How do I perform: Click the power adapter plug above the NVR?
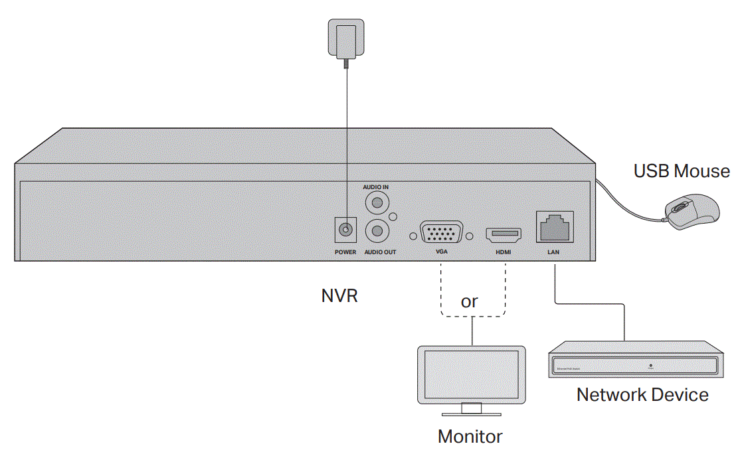coord(345,39)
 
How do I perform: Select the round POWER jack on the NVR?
coord(345,230)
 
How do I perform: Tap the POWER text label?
coord(345,252)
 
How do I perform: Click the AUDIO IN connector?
coord(377,201)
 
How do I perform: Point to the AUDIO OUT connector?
coord(377,230)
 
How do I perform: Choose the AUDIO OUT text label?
coord(380,252)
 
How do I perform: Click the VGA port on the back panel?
coord(442,235)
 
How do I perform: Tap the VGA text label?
coord(442,253)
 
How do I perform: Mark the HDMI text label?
coord(504,253)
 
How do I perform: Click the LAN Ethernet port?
coord(555,228)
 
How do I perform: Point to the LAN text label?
coord(555,253)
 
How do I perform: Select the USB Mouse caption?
coord(681,171)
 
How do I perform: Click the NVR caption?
coord(339,296)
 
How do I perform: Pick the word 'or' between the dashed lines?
coord(469,301)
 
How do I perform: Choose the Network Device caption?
coord(642,395)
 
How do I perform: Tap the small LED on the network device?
coord(650,365)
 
